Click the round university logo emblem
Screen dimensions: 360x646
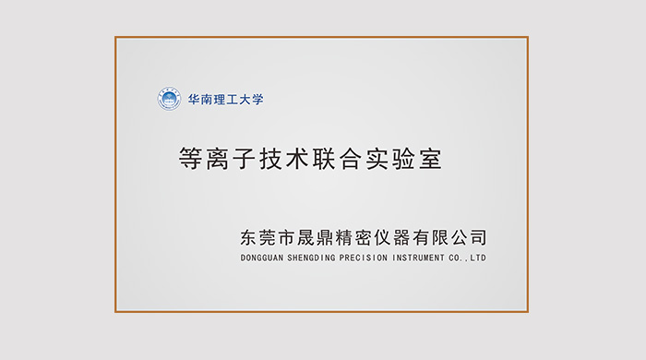[169, 99]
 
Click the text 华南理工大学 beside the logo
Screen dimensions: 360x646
[225, 99]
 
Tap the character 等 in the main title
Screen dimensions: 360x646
[191, 158]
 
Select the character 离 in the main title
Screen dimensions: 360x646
[220, 158]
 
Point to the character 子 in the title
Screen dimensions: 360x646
[248, 158]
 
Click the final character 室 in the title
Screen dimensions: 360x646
[430, 158]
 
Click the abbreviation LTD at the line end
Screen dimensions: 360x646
[477, 258]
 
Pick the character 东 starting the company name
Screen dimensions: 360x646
[248, 237]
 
